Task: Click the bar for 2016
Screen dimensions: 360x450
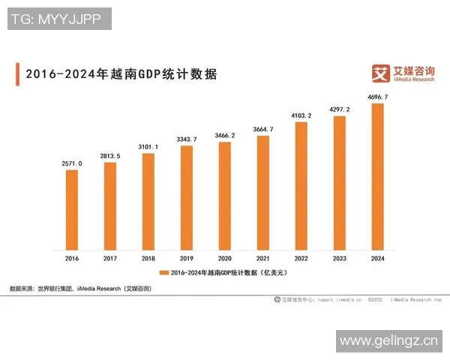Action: coord(72,210)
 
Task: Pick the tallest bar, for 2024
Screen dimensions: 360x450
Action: coord(378,176)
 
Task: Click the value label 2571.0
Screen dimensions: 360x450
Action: coord(72,163)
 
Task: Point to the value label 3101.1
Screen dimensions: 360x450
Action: coord(148,146)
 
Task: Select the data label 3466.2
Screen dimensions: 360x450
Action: coord(225,135)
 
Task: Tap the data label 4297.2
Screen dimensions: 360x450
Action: coord(340,109)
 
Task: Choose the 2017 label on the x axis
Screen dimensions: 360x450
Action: coord(110,258)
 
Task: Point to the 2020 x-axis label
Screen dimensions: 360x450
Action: coord(225,258)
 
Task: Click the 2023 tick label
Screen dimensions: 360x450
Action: coord(340,258)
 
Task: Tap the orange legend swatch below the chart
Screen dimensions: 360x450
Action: coord(164,273)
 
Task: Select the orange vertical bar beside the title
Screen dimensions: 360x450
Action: coord(17,74)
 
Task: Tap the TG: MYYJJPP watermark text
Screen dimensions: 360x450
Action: coord(59,19)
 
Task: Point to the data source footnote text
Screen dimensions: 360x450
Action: coord(80,289)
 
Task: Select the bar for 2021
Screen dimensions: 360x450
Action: coord(263,193)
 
